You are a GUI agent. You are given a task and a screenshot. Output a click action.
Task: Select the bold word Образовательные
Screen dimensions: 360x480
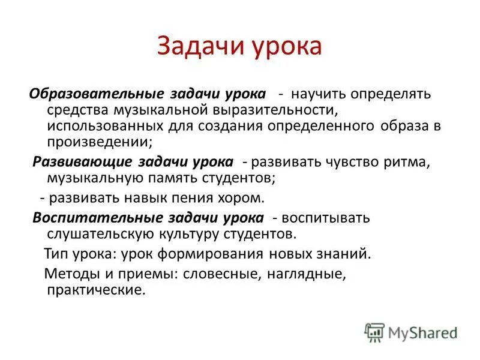[x=98, y=95]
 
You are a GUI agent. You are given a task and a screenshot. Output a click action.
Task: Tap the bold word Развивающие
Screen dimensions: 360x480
[x=83, y=162]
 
